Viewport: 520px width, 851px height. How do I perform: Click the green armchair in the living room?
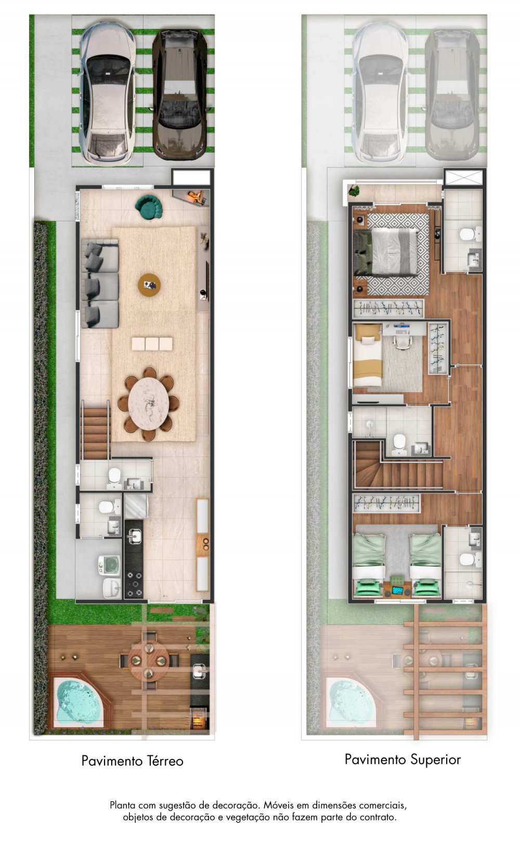pos(149,207)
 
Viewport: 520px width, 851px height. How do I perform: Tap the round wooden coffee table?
pos(149,285)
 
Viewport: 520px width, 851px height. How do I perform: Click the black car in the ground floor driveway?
pos(180,96)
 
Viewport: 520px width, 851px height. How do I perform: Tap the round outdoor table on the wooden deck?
pos(149,661)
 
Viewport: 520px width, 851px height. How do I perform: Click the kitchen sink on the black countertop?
pos(134,537)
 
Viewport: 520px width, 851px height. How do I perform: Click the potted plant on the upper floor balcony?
pos(355,191)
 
